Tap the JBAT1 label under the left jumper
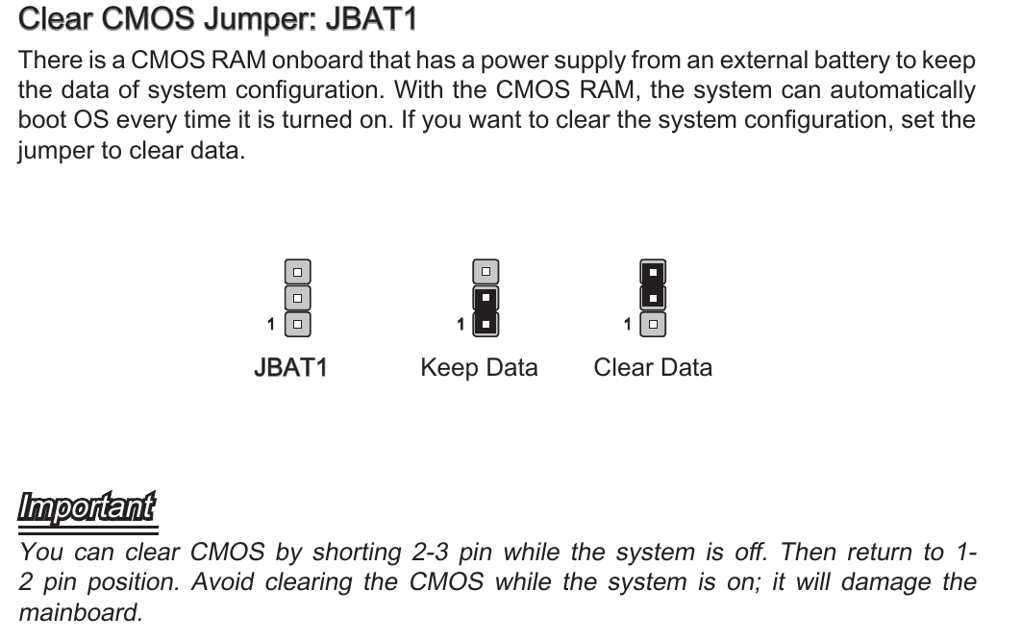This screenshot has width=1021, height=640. click(x=290, y=368)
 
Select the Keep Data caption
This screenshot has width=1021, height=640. click(x=479, y=368)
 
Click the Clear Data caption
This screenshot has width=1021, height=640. click(x=653, y=368)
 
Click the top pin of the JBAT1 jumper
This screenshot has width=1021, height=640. click(x=298, y=272)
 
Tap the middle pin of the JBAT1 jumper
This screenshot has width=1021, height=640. click(x=298, y=298)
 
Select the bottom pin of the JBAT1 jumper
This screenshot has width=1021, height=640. click(x=298, y=324)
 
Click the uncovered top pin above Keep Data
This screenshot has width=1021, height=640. click(x=486, y=272)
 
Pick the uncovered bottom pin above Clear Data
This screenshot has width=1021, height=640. click(x=653, y=324)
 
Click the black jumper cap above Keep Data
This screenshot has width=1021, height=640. click(x=486, y=310)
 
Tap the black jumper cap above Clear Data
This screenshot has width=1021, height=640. click(x=653, y=285)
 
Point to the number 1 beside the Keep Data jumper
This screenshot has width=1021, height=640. click(x=461, y=325)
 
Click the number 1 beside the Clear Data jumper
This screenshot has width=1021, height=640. click(x=628, y=325)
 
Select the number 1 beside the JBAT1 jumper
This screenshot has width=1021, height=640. click(x=272, y=325)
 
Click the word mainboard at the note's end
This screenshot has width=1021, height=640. click(x=80, y=612)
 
